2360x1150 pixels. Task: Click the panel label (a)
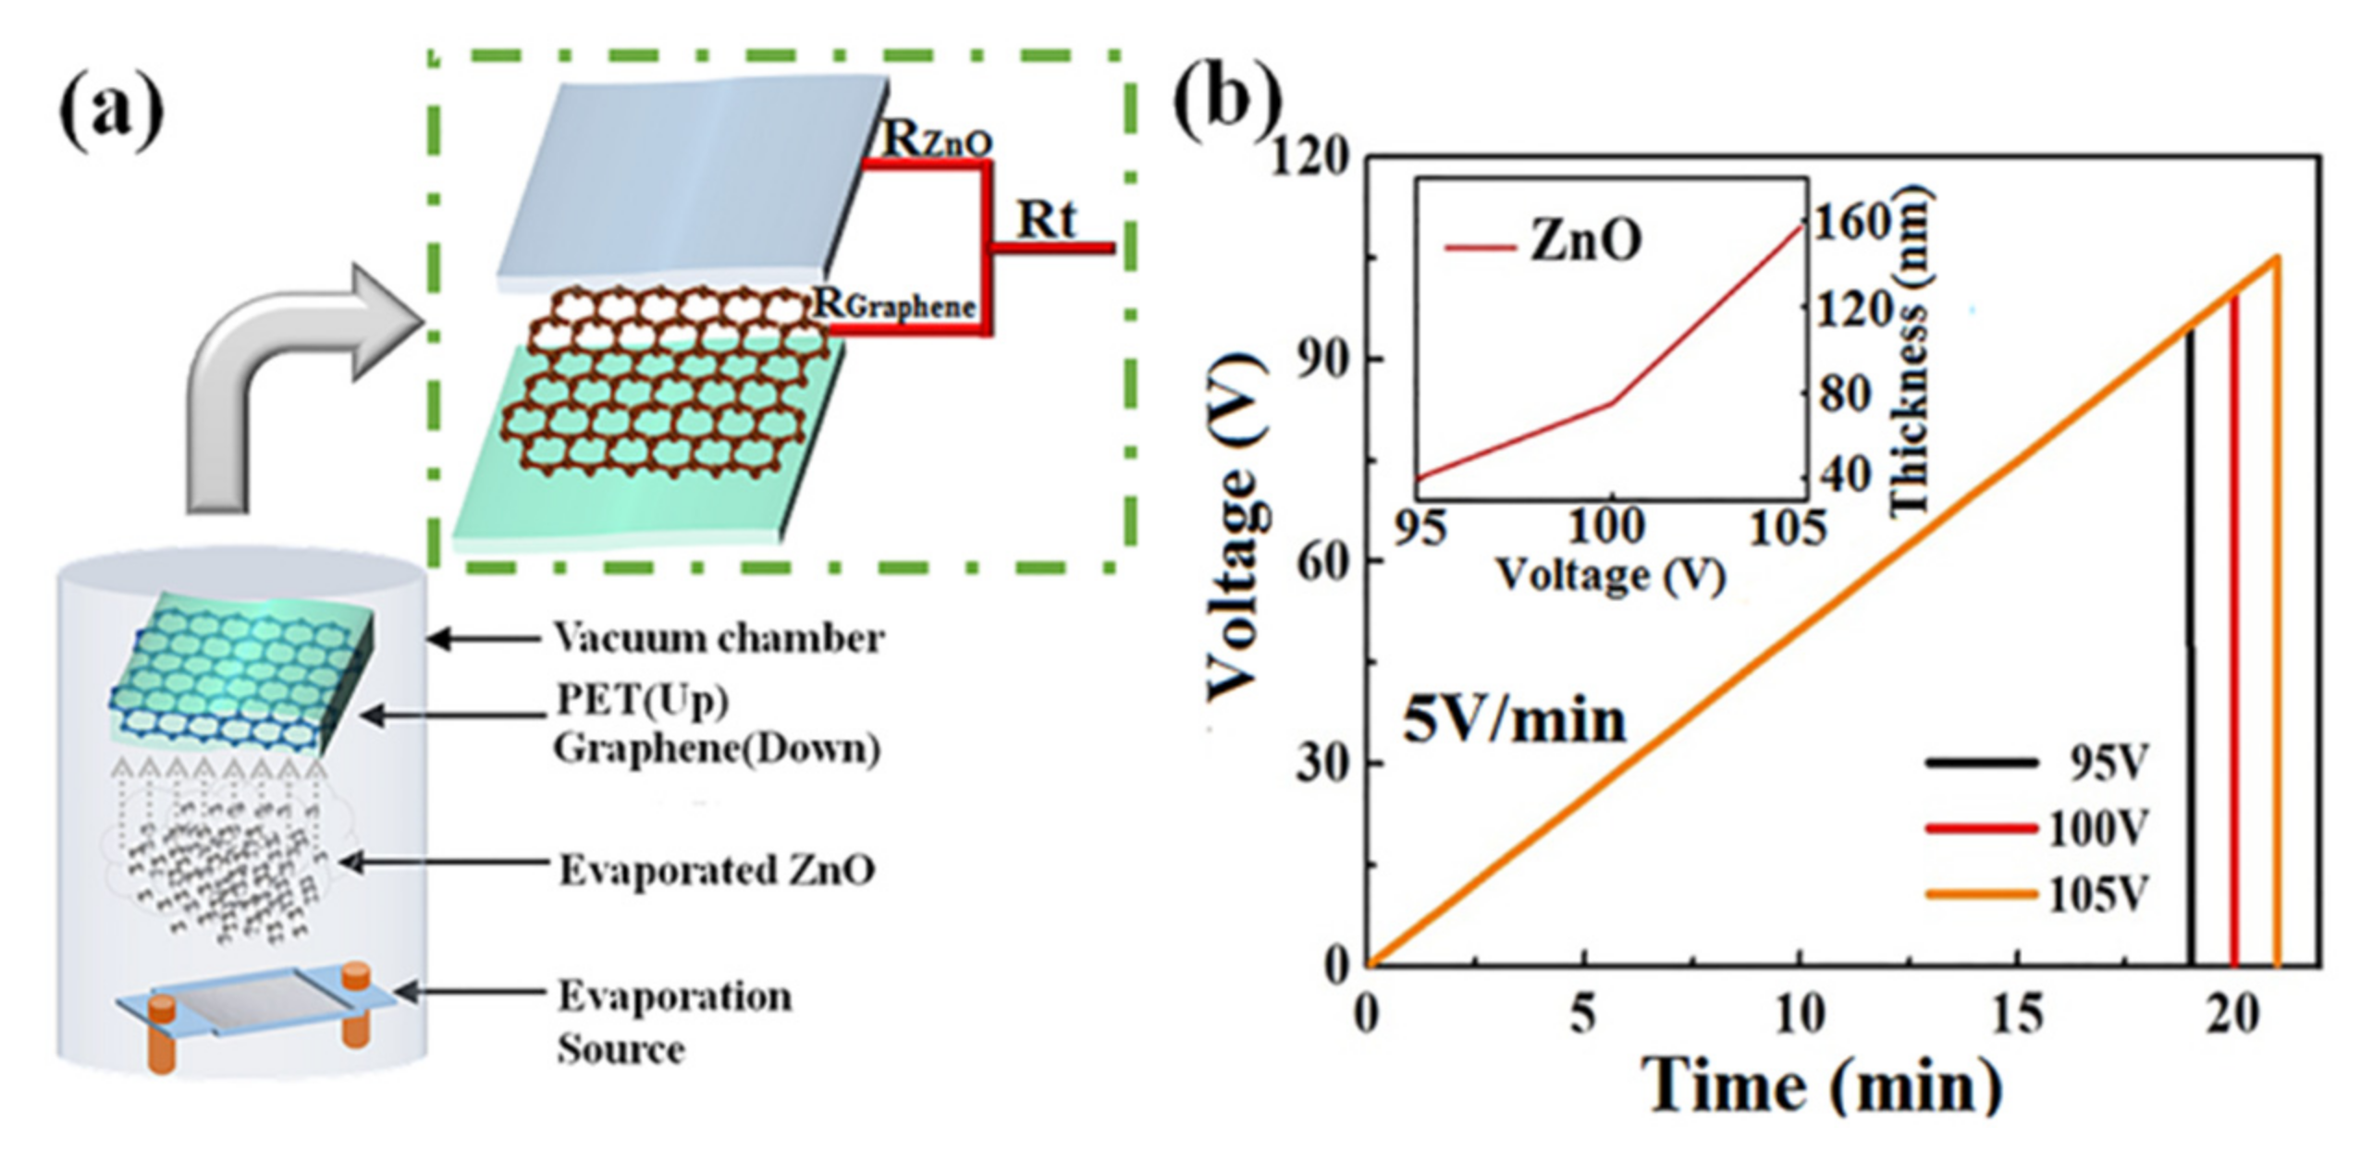click(111, 115)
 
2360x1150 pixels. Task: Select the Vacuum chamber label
click(719, 638)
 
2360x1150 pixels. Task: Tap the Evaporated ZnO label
click(717, 870)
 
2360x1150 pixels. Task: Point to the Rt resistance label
click(1047, 220)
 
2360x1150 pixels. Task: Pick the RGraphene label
click(893, 303)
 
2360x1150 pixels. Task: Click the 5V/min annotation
click(1514, 720)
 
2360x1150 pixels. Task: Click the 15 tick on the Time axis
click(2016, 1015)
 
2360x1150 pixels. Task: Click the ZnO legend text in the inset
click(1586, 241)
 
